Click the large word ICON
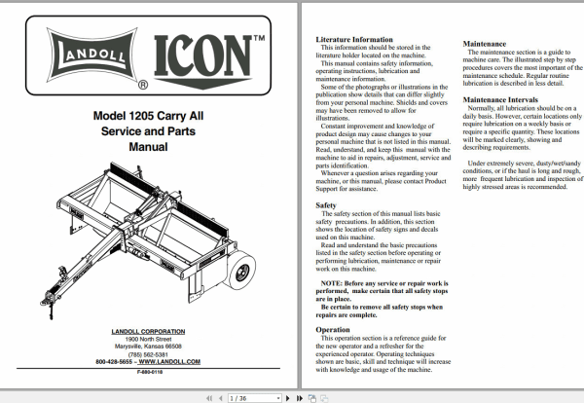205,57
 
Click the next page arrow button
289,397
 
